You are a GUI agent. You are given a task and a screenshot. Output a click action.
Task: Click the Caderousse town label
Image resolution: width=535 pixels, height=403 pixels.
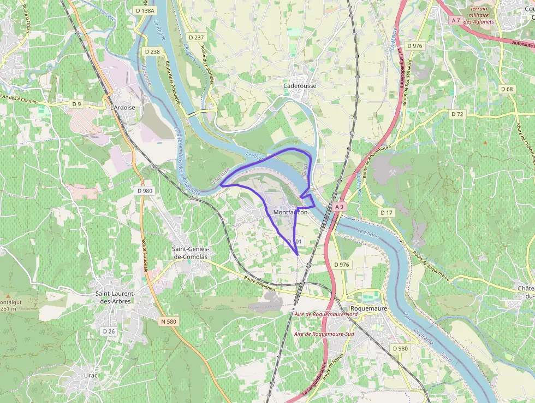(x=300, y=86)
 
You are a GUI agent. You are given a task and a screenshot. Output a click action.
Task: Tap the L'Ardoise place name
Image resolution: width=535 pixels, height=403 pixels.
(x=122, y=108)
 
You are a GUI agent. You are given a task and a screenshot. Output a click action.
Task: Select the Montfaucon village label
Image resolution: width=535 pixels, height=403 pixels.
(x=290, y=212)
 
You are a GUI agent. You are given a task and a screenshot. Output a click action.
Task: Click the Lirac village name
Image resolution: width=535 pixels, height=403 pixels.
(x=91, y=376)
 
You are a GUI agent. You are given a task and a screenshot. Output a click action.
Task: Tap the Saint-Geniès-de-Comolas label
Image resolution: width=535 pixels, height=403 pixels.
(x=191, y=253)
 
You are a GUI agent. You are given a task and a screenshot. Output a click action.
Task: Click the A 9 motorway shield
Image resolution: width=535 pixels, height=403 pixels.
(x=339, y=207)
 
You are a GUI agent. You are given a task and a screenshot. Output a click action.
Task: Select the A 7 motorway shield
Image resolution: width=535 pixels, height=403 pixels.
(x=456, y=20)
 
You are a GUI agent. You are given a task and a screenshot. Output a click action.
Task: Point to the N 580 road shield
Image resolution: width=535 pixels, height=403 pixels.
(x=169, y=322)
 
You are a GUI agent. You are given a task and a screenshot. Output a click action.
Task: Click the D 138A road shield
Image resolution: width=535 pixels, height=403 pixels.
(x=145, y=10)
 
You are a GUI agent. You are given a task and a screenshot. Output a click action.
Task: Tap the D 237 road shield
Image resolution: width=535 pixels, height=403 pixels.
(x=195, y=38)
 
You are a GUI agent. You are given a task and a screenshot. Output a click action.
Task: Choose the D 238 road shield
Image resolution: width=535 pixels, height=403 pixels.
(x=153, y=51)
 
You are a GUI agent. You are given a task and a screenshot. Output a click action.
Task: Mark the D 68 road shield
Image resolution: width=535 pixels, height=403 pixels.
(x=507, y=89)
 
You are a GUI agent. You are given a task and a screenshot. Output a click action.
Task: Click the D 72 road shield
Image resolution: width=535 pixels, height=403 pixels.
(x=457, y=114)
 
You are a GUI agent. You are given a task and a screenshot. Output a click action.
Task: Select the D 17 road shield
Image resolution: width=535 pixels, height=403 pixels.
(x=387, y=212)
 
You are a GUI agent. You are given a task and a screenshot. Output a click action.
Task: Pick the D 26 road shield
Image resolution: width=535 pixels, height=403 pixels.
(x=109, y=331)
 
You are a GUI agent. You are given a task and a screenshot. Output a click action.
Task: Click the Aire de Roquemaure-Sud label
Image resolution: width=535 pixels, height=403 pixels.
(x=324, y=334)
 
